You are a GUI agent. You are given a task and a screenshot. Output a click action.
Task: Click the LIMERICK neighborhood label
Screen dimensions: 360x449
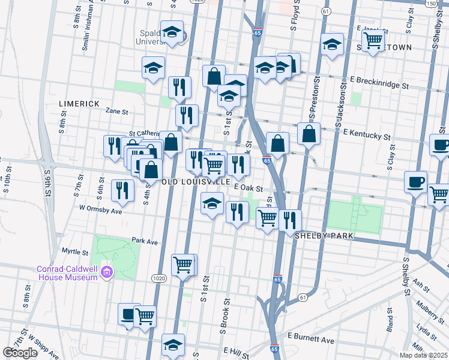pos(79,104)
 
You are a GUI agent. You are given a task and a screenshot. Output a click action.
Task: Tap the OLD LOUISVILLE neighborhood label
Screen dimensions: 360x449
pos(196,181)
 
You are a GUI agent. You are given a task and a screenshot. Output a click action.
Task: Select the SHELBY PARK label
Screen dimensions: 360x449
pos(324,236)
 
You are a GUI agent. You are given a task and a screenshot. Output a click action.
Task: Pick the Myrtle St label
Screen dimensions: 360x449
pos(75,250)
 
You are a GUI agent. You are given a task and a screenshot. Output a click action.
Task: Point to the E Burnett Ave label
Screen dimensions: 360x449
pos(311,340)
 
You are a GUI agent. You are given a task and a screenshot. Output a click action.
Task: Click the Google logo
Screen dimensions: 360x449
pos(20,353)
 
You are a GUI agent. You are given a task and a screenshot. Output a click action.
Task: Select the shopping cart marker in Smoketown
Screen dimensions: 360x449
pos(374,41)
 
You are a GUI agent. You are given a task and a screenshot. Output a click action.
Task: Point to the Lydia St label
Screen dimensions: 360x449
pos(426,331)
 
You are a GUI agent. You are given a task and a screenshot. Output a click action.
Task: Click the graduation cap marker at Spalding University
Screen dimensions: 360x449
pos(172,33)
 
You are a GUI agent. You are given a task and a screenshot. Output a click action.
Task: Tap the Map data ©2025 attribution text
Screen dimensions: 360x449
pos(424,355)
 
